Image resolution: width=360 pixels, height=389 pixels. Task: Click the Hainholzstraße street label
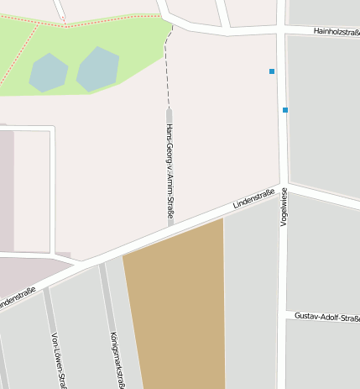click(336, 31)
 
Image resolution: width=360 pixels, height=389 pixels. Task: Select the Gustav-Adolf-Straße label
click(326, 318)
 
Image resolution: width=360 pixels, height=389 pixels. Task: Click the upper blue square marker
click(272, 71)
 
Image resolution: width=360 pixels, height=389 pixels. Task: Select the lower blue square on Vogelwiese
click(285, 110)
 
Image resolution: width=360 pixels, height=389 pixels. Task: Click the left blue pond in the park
click(49, 72)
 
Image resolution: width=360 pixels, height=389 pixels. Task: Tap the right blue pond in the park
click(98, 68)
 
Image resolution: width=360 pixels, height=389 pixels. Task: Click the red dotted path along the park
click(101, 22)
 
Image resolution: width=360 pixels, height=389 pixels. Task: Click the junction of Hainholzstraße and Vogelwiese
click(280, 32)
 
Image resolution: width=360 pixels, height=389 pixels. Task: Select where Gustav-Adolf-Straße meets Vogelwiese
click(283, 315)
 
